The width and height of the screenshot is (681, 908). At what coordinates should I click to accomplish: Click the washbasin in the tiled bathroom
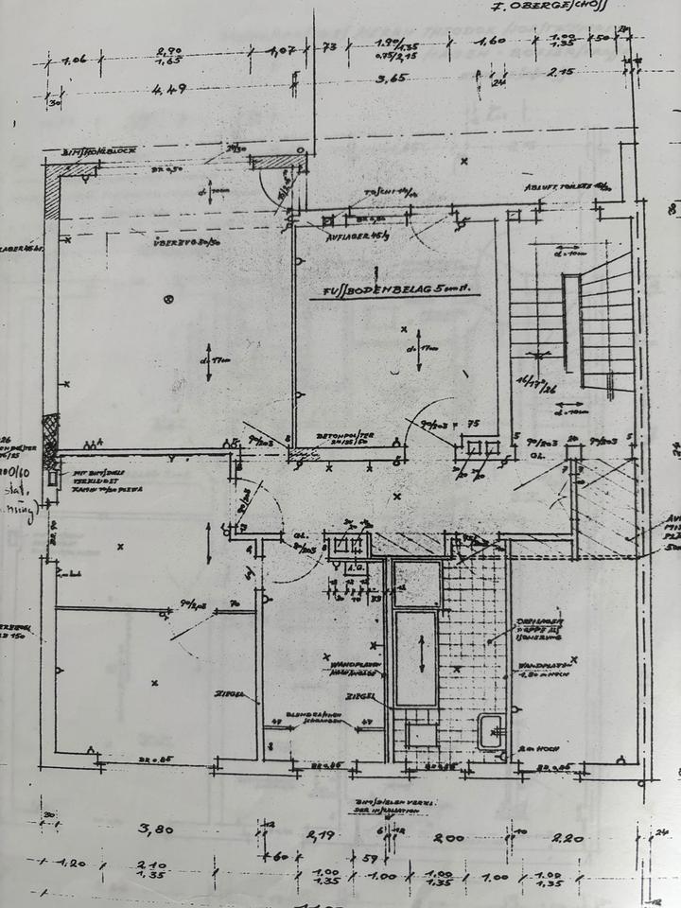pos(490,730)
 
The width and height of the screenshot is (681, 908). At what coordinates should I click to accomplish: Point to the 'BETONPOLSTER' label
pos(345,436)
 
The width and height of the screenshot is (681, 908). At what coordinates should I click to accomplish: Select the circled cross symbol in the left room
pos(169,300)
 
